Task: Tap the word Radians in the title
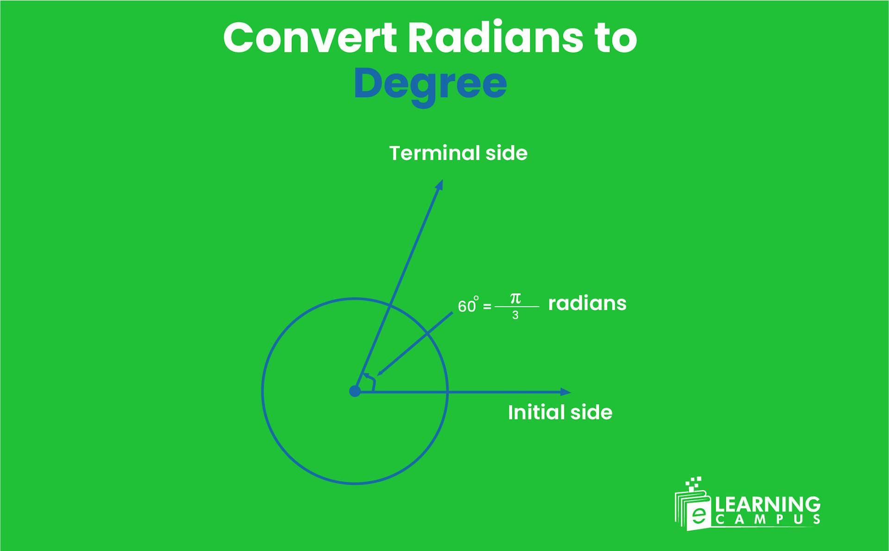tap(495, 38)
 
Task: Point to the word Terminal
tap(434, 153)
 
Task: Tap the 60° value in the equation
tap(468, 306)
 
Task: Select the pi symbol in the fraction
tap(515, 298)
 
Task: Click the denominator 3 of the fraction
tap(515, 316)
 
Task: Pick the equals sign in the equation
tap(487, 307)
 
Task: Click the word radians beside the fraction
tap(587, 304)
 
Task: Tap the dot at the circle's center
tap(355, 392)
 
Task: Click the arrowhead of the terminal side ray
tap(440, 185)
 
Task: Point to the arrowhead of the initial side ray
tap(566, 392)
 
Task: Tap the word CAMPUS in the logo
tap(768, 520)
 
